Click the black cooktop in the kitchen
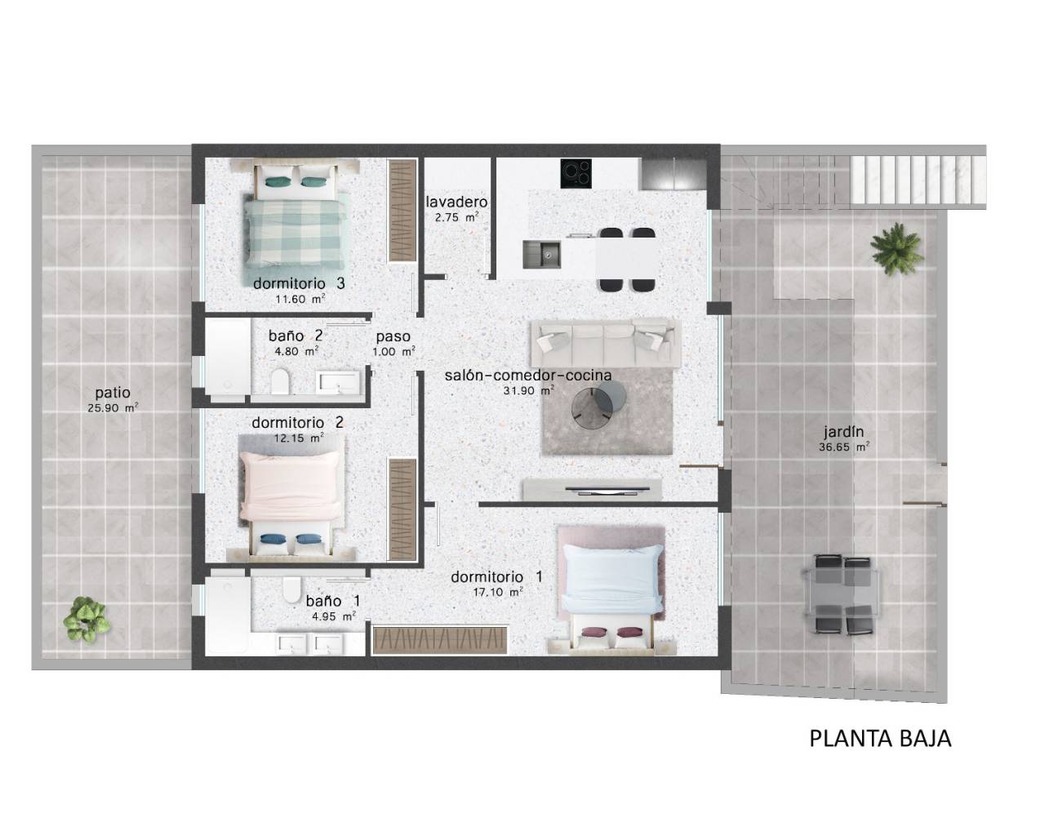(576, 174)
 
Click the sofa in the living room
(606, 343)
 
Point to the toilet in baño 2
(280, 380)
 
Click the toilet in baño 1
(292, 589)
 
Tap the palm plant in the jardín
(897, 248)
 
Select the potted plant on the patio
(87, 620)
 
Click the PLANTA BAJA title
(880, 739)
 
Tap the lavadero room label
(456, 202)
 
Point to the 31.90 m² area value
(529, 390)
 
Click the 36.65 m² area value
(844, 447)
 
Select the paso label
(394, 336)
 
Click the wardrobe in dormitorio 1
(440, 640)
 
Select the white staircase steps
(918, 180)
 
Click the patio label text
(113, 393)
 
